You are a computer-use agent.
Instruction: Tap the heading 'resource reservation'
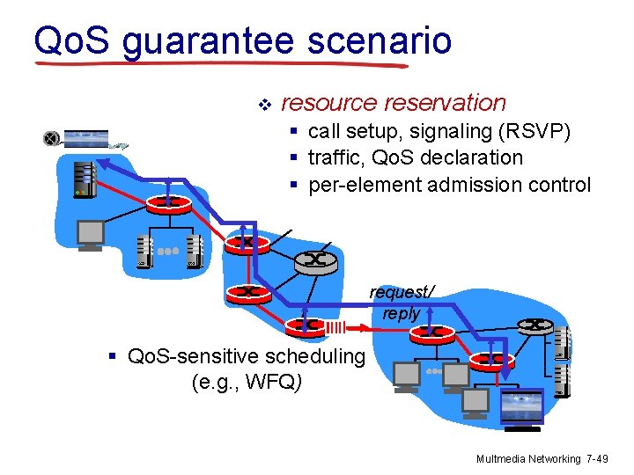tap(393, 103)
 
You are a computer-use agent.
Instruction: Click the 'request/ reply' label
tap(402, 303)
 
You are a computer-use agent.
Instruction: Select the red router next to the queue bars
tap(306, 325)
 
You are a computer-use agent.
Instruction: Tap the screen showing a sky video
tap(521, 406)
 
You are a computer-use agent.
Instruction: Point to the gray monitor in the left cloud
tap(91, 233)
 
